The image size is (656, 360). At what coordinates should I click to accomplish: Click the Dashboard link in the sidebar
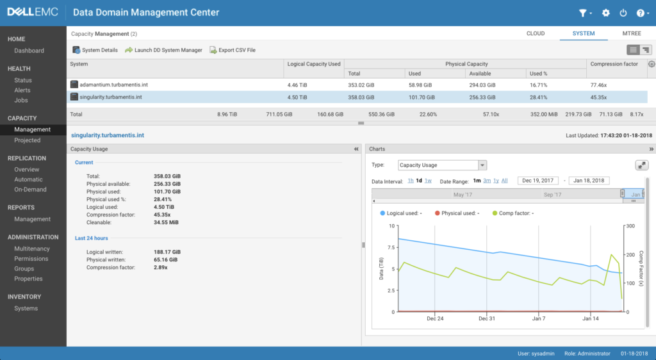pyautogui.click(x=29, y=51)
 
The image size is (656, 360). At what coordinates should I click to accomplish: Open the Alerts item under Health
pyautogui.click(x=22, y=90)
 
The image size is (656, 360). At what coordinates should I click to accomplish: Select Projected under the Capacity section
pyautogui.click(x=27, y=140)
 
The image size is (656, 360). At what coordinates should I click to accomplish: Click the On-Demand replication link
pyautogui.click(x=30, y=190)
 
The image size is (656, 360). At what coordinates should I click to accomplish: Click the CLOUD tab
pyautogui.click(x=536, y=33)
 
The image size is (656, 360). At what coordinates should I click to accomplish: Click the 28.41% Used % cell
pyautogui.click(x=538, y=97)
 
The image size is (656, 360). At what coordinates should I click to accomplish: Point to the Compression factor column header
pyautogui.click(x=614, y=64)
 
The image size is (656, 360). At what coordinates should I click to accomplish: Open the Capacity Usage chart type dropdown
pyautogui.click(x=442, y=165)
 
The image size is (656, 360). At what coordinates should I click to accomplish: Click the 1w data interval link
pyautogui.click(x=428, y=181)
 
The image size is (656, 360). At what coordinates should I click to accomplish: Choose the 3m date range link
pyautogui.click(x=487, y=181)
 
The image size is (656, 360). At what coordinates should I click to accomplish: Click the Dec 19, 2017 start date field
pyautogui.click(x=538, y=181)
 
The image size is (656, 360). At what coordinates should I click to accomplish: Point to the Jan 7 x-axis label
pyautogui.click(x=539, y=318)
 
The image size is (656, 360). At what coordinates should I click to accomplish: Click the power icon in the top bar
pyautogui.click(x=623, y=13)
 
